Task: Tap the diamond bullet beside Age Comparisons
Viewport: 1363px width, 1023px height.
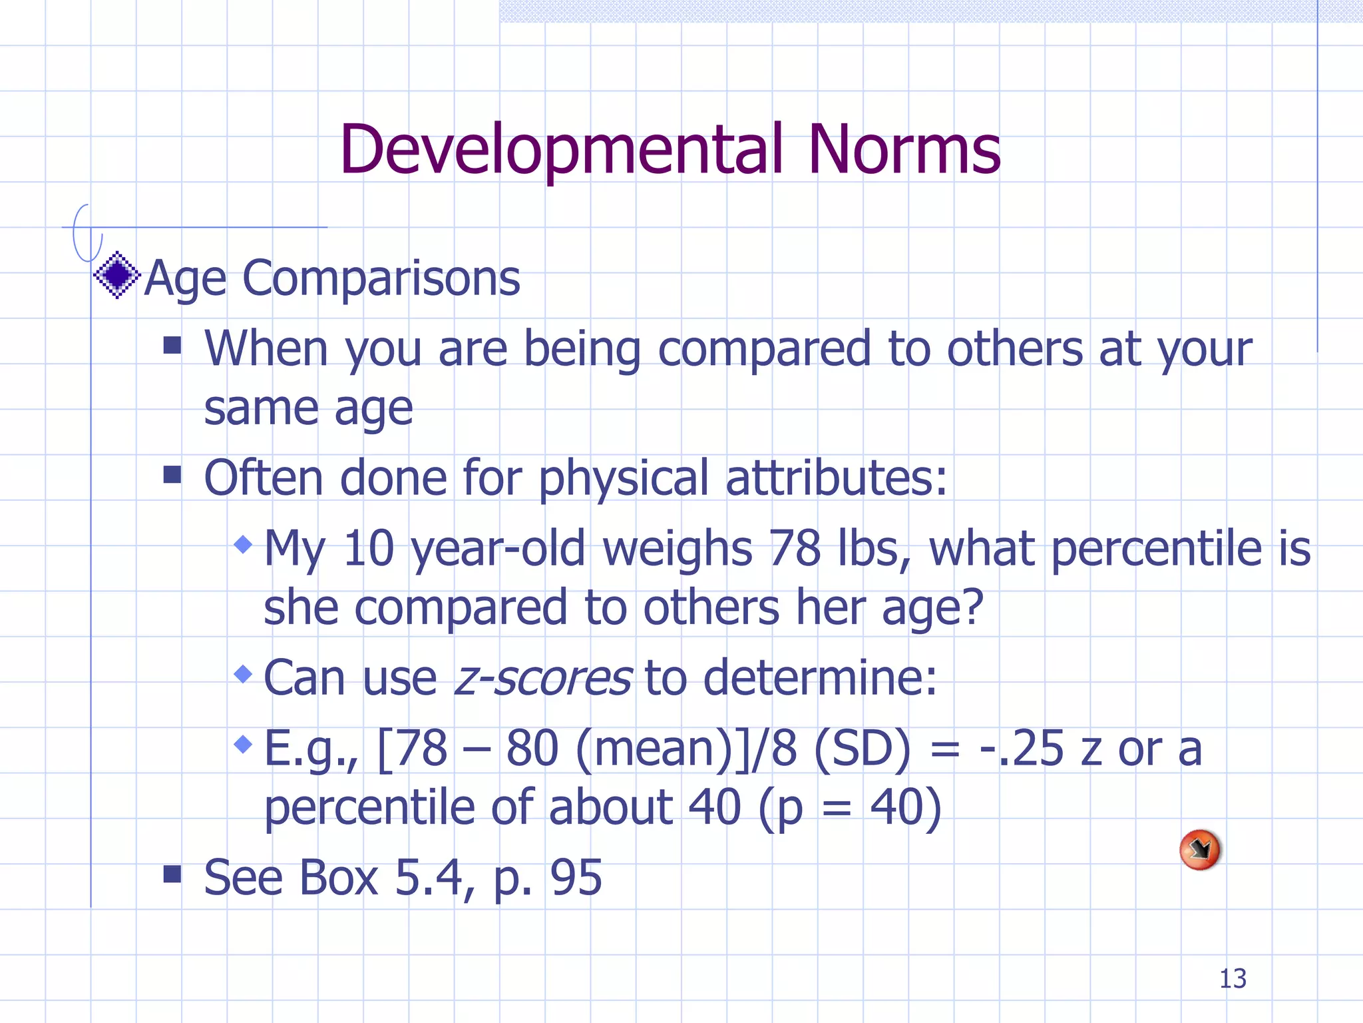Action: coord(117,275)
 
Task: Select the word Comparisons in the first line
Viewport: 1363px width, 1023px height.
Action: coord(381,278)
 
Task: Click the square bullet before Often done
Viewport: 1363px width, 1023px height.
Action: coord(172,474)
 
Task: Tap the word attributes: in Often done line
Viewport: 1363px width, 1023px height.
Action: coord(836,478)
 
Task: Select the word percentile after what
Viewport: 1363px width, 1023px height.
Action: coord(1155,548)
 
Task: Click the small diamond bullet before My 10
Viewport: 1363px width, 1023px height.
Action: coord(244,545)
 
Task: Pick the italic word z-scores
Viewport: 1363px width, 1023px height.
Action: coord(542,678)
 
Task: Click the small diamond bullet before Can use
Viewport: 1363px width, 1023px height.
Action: coord(244,674)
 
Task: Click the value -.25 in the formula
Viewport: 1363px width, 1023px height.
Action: coord(1022,749)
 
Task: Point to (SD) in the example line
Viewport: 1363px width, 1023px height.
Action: coord(862,749)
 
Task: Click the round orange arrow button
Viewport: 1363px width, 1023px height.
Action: coord(1199,849)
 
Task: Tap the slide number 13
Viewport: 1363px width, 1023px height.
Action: coord(1233,978)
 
